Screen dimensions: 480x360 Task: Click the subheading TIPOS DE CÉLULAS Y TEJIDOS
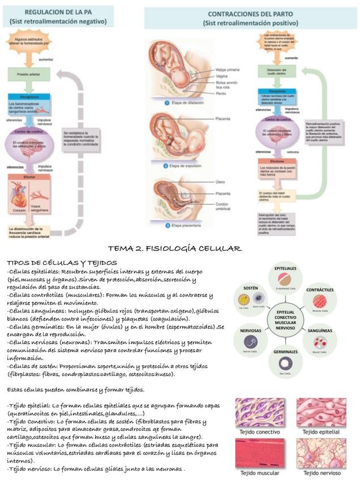click(x=62, y=263)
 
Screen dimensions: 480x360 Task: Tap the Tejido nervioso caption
click(x=320, y=472)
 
